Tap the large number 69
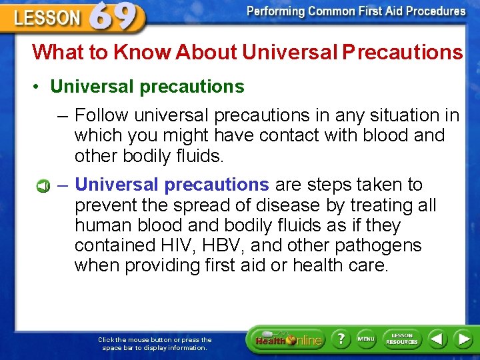(x=117, y=16)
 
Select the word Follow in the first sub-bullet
(x=102, y=115)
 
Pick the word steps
(x=327, y=185)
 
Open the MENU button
(x=366, y=339)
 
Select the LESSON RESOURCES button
(x=402, y=339)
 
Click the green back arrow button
(x=437, y=339)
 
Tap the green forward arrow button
(x=463, y=339)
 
